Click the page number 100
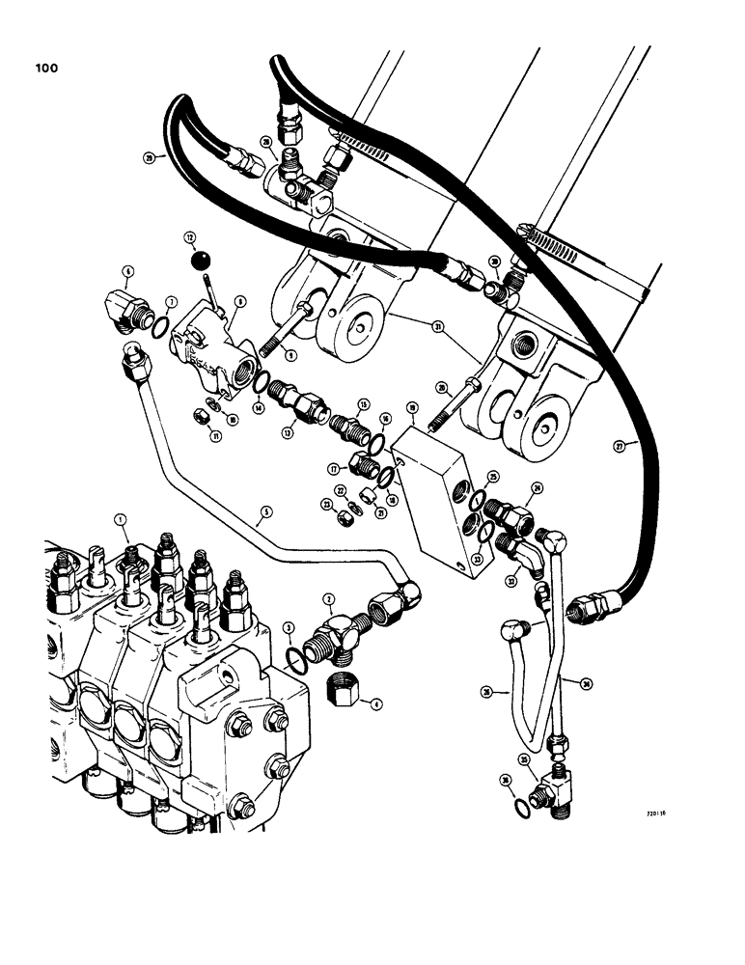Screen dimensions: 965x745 click(x=45, y=68)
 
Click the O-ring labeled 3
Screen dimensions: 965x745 click(x=295, y=656)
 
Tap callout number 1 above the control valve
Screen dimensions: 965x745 click(x=122, y=519)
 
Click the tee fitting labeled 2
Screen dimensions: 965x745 click(x=335, y=638)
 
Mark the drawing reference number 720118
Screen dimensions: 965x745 click(x=658, y=813)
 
